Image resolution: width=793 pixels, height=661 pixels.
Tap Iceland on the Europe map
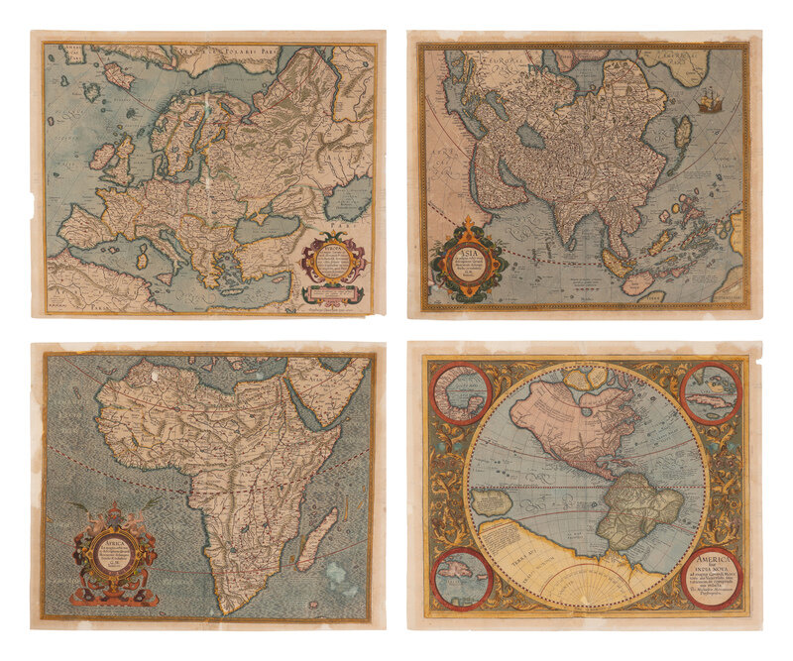[118, 74]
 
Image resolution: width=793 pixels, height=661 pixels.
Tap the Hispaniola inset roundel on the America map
[461, 579]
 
